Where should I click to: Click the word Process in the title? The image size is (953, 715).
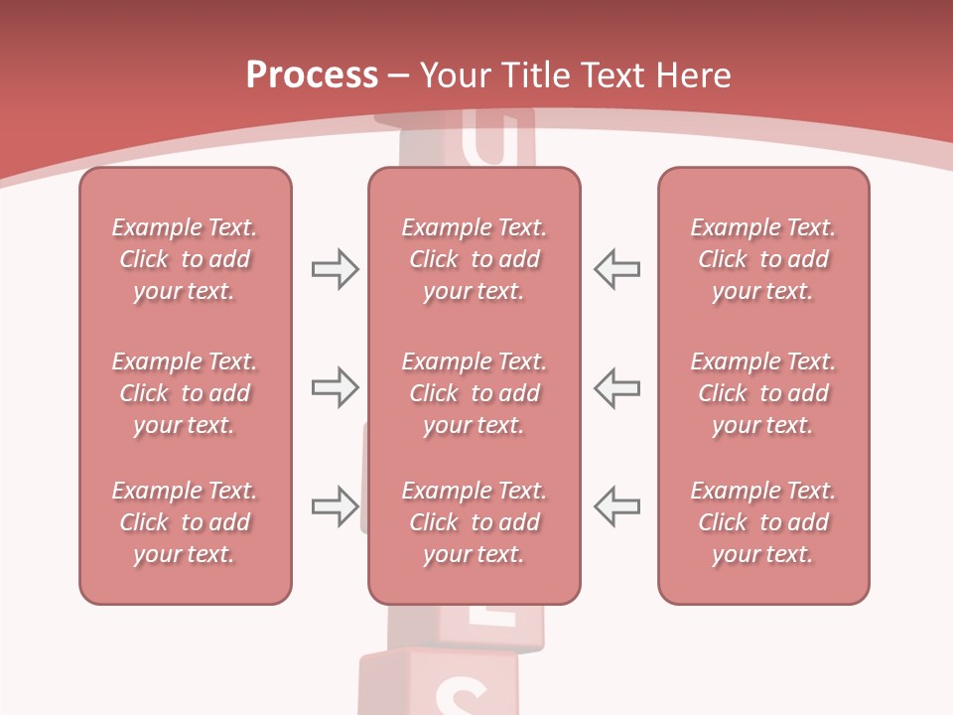tap(312, 75)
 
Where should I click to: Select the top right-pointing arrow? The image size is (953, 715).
tap(335, 269)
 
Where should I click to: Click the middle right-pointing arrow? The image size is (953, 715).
tap(335, 387)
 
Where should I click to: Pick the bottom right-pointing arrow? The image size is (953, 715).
tap(335, 506)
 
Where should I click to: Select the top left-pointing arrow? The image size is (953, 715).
tap(616, 269)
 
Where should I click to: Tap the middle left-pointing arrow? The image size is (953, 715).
tap(616, 387)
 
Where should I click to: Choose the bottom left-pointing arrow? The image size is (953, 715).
tap(616, 506)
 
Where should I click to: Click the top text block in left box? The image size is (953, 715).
tap(185, 259)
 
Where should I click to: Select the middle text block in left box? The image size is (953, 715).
tap(185, 393)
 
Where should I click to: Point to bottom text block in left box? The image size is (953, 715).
tap(185, 522)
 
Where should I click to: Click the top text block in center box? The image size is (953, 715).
tap(475, 259)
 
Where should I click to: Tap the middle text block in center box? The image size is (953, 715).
tap(475, 393)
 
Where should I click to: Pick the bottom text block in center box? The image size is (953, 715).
tap(475, 522)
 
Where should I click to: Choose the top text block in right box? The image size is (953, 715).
tap(763, 259)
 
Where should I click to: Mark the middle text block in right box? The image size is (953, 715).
tap(763, 393)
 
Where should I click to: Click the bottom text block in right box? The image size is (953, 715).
tap(763, 522)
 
